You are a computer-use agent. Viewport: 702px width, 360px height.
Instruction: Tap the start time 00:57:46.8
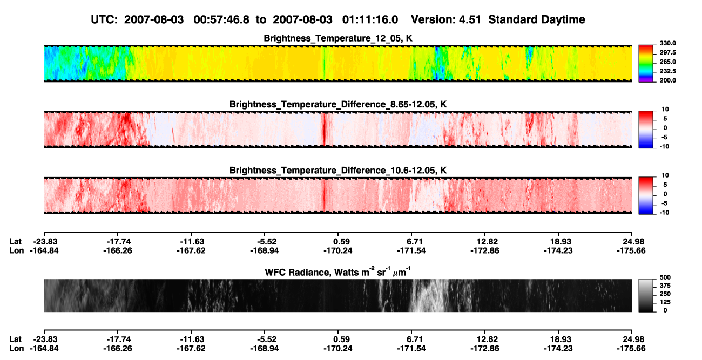(x=221, y=20)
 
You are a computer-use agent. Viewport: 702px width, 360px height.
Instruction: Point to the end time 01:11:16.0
(x=370, y=20)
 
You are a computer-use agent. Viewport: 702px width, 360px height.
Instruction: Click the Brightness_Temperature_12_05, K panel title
(x=338, y=38)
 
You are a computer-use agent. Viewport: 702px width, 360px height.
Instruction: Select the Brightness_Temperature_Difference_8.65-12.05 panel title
(x=338, y=104)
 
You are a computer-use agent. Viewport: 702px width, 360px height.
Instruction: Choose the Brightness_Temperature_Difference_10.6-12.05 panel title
(x=338, y=171)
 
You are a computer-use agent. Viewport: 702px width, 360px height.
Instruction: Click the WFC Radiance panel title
(x=338, y=272)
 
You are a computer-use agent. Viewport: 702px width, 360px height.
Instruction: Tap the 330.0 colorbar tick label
(x=667, y=43)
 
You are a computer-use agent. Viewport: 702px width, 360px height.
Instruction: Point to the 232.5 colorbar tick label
(x=667, y=71)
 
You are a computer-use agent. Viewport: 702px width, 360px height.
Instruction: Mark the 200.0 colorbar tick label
(x=667, y=80)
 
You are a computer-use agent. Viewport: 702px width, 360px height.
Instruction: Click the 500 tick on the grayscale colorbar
(x=665, y=277)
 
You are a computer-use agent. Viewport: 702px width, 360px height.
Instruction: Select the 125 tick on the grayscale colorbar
(x=665, y=302)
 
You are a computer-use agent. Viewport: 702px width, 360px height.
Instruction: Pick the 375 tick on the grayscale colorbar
(x=665, y=286)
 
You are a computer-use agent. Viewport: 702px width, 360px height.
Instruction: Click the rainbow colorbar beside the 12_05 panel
(x=646, y=64)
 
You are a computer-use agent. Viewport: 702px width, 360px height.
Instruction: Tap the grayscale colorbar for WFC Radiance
(x=646, y=295)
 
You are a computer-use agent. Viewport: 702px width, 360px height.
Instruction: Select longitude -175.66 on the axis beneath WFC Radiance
(x=631, y=349)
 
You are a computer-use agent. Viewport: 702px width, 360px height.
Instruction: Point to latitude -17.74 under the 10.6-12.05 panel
(x=119, y=242)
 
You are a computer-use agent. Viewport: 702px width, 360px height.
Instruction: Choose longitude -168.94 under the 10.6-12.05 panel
(x=264, y=250)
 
